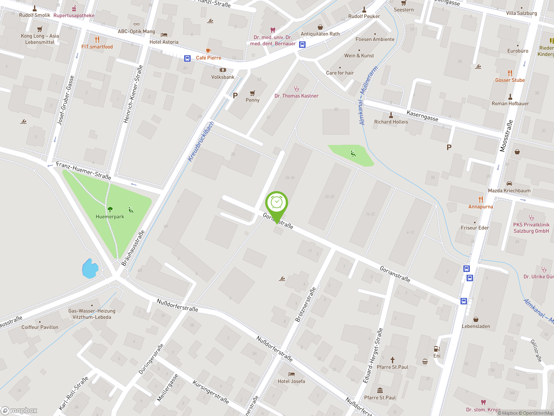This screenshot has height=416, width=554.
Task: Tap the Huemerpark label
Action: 110,217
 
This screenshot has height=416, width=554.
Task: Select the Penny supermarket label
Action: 253,100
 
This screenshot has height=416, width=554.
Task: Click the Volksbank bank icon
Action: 223,70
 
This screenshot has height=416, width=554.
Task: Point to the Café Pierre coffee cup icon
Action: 208,51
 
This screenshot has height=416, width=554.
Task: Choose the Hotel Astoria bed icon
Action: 164,35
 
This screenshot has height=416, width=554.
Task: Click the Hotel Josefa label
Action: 291,381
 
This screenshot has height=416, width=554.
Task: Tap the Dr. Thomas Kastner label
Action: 296,96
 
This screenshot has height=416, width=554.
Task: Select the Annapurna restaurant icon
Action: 481,200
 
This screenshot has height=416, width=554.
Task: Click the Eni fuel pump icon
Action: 436,349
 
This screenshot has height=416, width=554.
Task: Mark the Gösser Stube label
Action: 510,80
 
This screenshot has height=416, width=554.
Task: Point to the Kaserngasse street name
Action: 422,116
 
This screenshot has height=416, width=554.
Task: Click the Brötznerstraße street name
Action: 305,305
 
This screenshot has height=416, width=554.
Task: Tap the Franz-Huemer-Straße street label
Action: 83,171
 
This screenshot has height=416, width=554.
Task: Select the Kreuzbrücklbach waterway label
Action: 201,141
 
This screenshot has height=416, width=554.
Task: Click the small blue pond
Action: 90,269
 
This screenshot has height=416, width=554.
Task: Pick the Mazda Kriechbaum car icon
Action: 509,184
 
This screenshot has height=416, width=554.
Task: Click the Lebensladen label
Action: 476,326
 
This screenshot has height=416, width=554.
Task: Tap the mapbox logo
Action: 19,411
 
